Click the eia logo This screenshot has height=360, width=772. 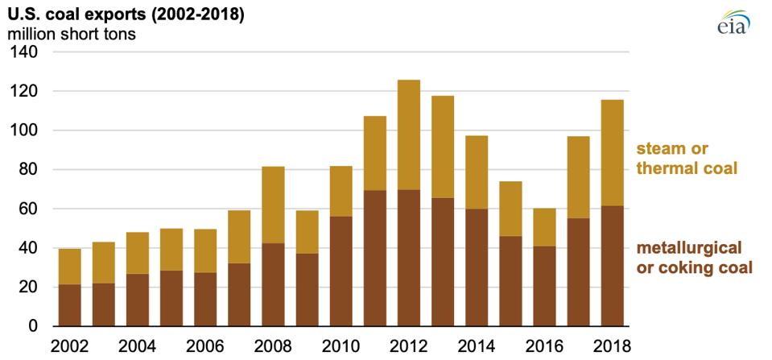pos(733,23)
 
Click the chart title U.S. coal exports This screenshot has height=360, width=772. pos(121,14)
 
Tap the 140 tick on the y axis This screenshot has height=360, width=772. pos(27,52)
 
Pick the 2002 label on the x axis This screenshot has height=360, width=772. pos(70,346)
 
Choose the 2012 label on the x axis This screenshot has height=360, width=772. pos(409,346)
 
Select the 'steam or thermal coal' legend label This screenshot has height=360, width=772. pos(689,158)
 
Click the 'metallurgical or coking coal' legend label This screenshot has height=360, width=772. pos(694,257)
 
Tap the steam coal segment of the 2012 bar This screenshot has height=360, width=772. pos(409,134)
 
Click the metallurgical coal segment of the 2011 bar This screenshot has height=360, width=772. pos(375,258)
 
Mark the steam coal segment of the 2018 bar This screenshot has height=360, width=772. pos(612,153)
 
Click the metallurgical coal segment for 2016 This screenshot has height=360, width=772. pos(544,286)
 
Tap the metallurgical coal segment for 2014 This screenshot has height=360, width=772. pos(477,267)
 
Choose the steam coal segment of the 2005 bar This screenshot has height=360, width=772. pos(171,250)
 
